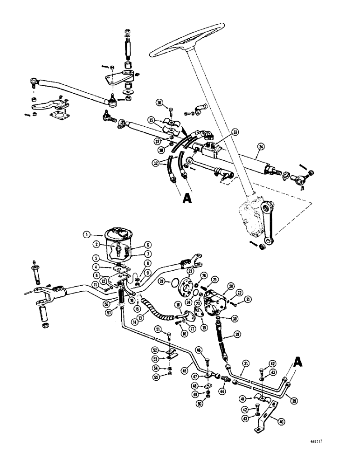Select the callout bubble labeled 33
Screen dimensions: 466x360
(235, 132)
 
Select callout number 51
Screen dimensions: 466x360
(158, 329)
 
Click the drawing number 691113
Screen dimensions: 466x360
(336, 452)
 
